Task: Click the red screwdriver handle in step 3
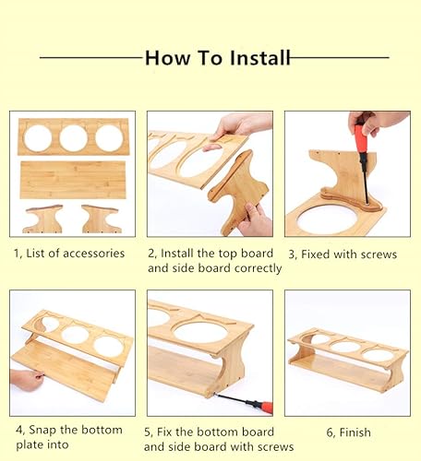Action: pos(358,141)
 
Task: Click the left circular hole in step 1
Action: pos(38,138)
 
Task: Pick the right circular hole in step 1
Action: pos(108,138)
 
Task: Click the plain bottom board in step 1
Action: pos(72,180)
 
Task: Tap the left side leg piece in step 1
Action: pos(44,219)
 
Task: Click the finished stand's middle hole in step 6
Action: pos(346,348)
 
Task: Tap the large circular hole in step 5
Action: pos(199,333)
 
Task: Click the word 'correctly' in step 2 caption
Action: pos(250,268)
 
